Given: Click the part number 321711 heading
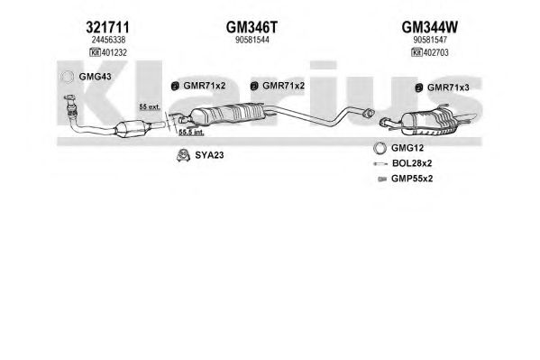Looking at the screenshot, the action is tap(108, 27).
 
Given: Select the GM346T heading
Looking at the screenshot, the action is tap(252, 27).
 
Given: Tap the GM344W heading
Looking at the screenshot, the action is tap(430, 27).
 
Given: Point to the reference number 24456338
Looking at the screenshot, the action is tap(108, 40).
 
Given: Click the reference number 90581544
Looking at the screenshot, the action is tap(252, 40).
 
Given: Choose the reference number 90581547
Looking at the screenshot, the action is tap(430, 40).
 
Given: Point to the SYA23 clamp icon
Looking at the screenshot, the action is tap(183, 155).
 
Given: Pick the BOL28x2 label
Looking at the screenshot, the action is tap(412, 163).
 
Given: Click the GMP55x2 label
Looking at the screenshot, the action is tap(412, 179).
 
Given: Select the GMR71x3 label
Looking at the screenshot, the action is tap(448, 88).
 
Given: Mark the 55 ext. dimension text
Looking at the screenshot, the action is tap(150, 106).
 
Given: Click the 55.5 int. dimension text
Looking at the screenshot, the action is tap(191, 132).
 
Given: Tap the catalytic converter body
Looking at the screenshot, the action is tap(133, 129).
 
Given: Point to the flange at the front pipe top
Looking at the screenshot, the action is tap(70, 98).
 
